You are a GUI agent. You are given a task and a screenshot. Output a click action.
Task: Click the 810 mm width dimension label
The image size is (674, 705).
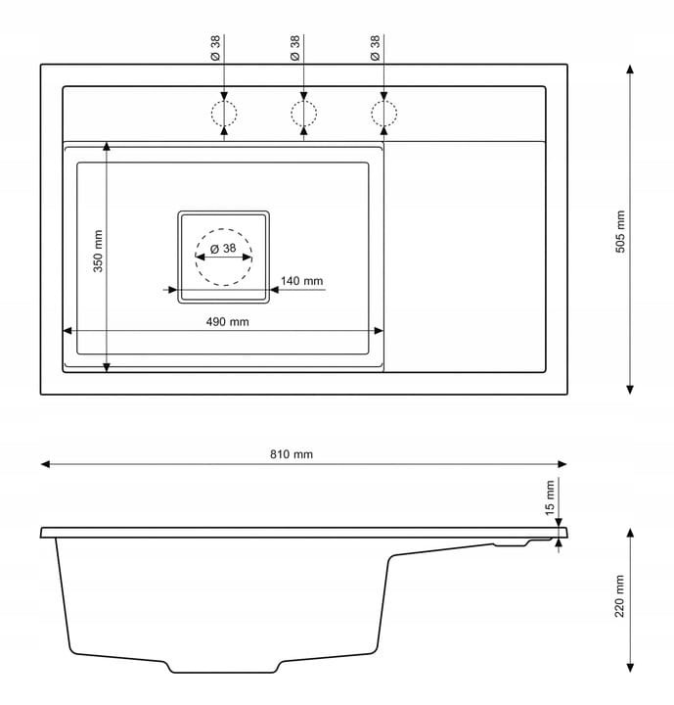(292, 454)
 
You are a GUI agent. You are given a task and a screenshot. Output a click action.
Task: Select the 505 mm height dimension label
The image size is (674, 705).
(620, 232)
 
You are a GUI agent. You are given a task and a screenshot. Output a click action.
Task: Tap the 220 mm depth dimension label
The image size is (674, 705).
(619, 596)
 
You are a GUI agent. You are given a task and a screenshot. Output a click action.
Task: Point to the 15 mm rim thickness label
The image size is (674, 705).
(550, 496)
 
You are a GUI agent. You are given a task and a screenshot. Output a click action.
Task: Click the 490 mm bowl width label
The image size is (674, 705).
(226, 322)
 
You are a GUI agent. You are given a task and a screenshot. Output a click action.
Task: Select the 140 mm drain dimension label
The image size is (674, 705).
(301, 281)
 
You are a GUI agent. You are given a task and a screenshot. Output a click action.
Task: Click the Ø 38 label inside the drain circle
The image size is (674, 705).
(223, 249)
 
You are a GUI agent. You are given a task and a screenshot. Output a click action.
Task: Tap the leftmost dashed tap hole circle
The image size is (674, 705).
(224, 114)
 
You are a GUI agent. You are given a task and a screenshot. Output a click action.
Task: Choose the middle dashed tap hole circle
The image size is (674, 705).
(304, 114)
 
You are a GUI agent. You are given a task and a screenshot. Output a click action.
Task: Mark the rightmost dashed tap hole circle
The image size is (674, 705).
(384, 114)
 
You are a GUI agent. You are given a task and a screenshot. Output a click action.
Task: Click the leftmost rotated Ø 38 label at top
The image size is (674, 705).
(215, 49)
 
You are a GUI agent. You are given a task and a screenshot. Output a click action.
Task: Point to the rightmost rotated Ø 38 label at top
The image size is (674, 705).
(376, 49)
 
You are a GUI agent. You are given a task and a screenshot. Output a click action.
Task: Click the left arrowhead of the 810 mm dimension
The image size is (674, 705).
(45, 464)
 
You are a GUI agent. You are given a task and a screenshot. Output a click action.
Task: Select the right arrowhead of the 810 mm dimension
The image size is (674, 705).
(562, 464)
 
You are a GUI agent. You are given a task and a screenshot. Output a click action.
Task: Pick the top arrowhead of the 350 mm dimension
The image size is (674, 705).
(107, 145)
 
